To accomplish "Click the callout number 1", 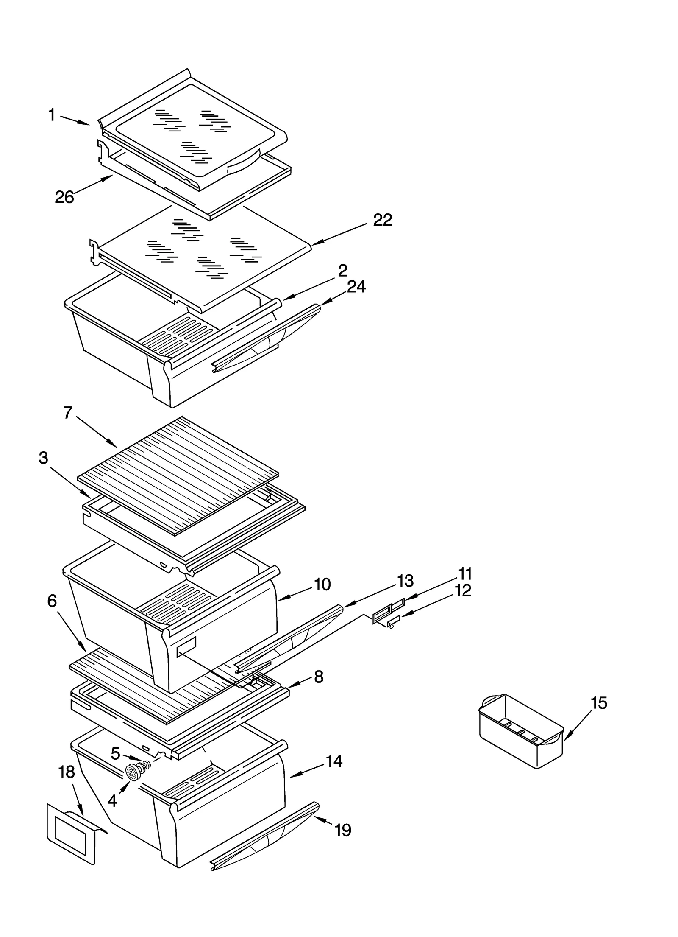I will click(52, 115).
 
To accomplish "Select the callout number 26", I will click(64, 197).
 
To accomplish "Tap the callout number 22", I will click(382, 220).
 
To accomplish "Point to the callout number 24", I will click(356, 287).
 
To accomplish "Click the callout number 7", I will click(68, 412).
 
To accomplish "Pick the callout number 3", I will click(44, 458).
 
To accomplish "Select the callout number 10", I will click(322, 585).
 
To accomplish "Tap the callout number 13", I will click(406, 581).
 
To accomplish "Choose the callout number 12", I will click(463, 590).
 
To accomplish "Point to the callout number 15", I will click(599, 703).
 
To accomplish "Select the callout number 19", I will click(343, 830).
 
